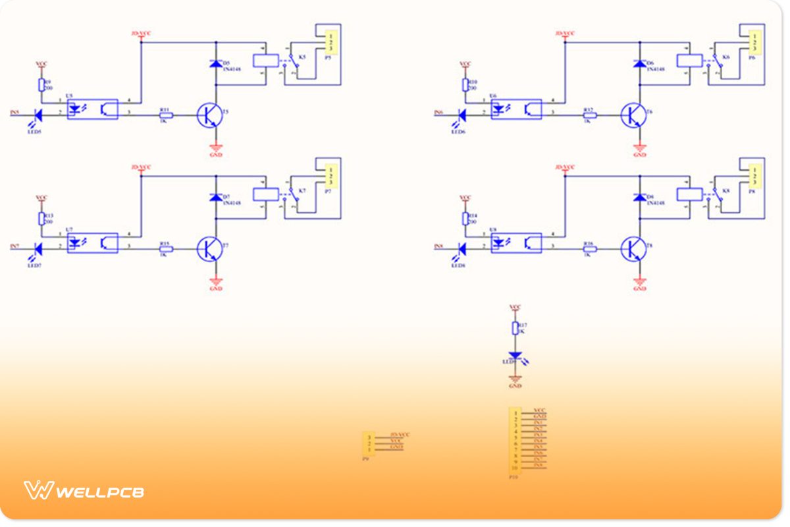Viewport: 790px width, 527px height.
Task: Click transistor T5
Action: (x=210, y=115)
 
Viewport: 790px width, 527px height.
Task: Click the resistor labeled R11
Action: (x=165, y=115)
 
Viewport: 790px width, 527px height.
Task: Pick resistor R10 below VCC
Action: (x=465, y=84)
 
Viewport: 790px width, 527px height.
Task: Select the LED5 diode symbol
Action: (x=38, y=115)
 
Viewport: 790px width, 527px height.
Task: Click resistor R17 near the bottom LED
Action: (x=515, y=328)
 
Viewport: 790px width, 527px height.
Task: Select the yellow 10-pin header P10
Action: (x=515, y=440)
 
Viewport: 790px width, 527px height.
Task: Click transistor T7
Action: (x=210, y=248)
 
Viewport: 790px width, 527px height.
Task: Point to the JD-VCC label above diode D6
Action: (x=565, y=33)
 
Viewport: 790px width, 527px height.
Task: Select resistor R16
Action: (x=589, y=248)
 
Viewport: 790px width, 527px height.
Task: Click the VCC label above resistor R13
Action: (x=41, y=197)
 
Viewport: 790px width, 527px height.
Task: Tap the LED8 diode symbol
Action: (x=461, y=248)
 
